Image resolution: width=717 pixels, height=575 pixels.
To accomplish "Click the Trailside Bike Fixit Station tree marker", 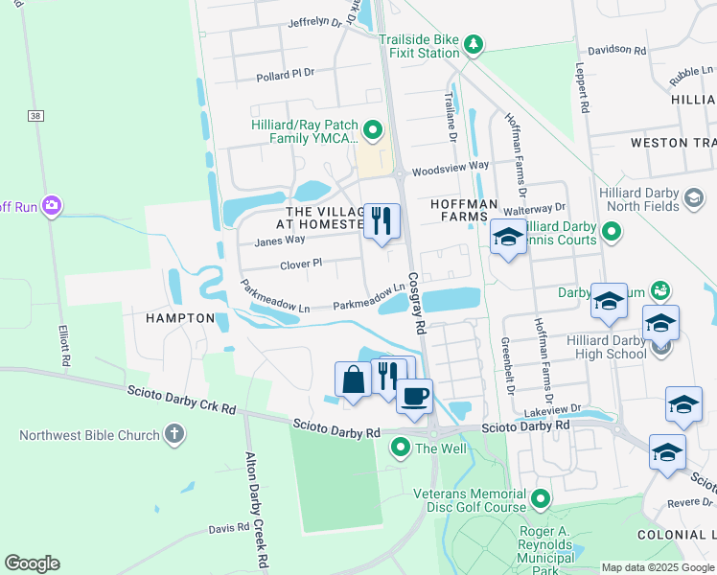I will [473, 44].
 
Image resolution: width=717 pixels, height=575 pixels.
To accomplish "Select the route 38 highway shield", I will [36, 115].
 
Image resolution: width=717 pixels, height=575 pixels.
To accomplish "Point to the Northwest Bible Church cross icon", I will [173, 435].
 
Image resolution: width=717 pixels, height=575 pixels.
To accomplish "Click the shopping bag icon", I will [353, 379].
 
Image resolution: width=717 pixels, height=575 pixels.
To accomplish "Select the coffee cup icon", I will [414, 396].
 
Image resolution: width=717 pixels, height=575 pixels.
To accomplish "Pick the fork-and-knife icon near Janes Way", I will [382, 221].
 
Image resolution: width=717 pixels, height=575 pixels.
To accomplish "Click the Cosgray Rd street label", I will [416, 302].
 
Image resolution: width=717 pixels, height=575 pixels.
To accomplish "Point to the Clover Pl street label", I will [301, 263].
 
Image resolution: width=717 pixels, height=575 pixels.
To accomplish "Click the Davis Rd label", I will [229, 528].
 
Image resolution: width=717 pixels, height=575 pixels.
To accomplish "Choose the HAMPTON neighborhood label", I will [179, 317].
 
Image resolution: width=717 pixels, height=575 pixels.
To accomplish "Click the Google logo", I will [33, 563].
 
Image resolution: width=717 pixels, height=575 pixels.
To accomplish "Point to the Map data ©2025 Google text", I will [657, 567].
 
